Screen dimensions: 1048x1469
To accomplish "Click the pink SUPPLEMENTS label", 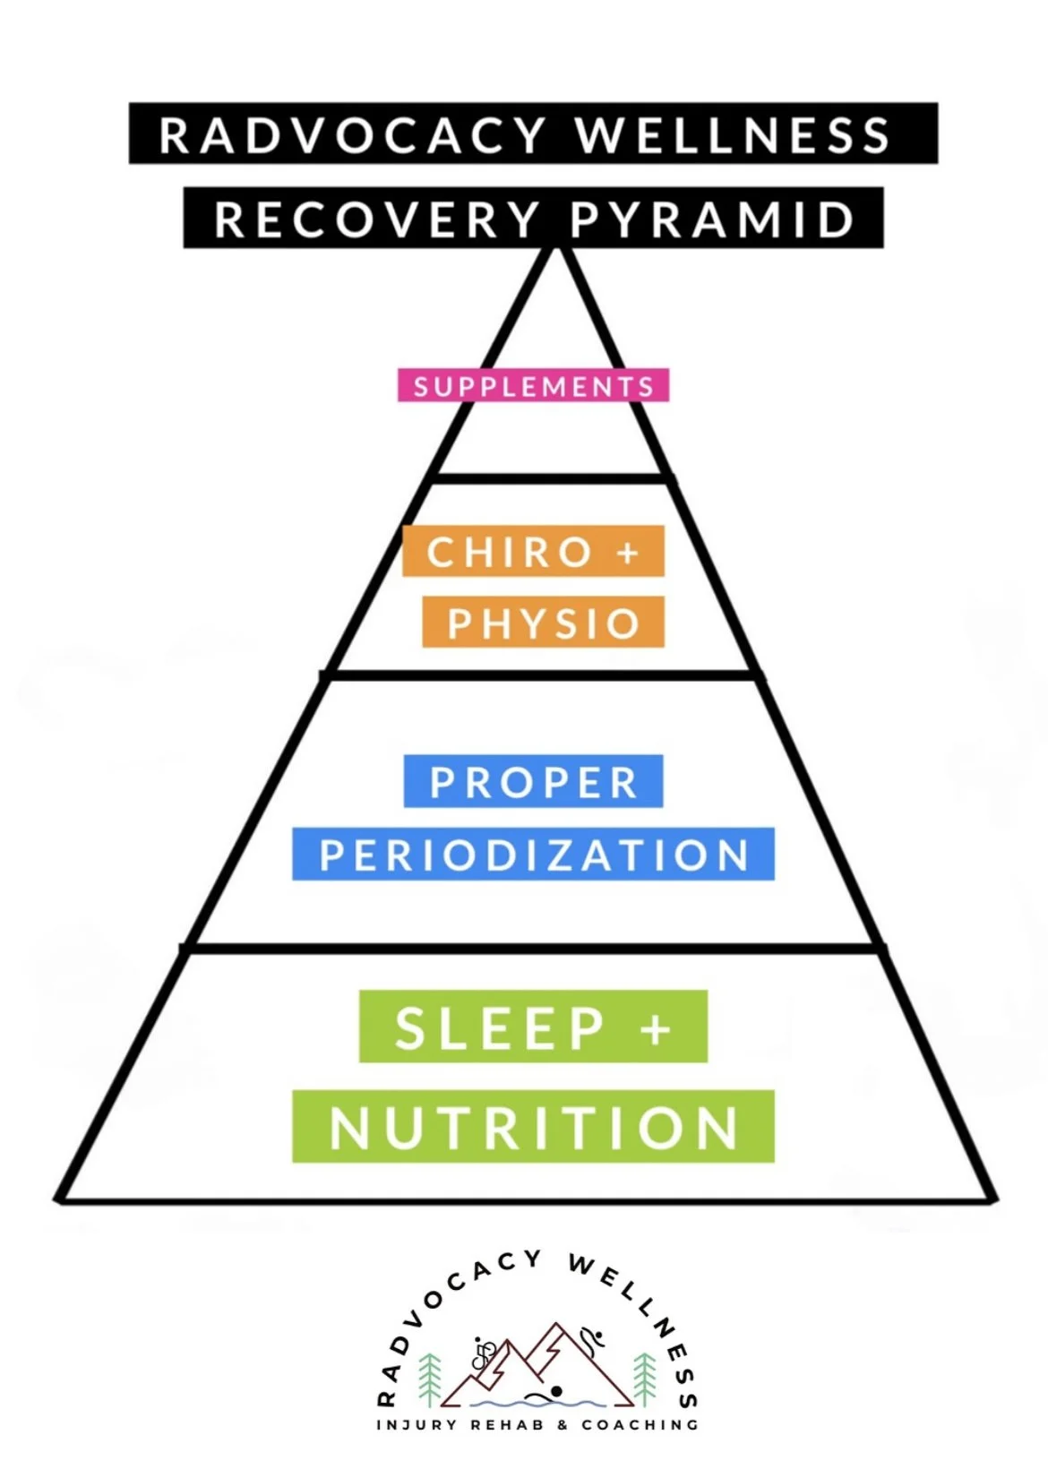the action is [x=534, y=386].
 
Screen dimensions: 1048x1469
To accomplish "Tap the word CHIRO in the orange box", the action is [x=509, y=552].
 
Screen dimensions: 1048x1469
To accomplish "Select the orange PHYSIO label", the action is [x=544, y=623].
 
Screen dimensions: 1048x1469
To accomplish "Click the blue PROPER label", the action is [x=534, y=782].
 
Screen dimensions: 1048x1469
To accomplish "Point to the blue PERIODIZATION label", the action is [x=534, y=855].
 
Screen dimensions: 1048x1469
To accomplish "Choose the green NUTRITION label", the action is [x=534, y=1127].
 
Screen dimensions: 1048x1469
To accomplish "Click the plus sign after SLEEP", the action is [x=656, y=1029].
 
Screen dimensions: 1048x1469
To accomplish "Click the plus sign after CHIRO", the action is [x=628, y=553].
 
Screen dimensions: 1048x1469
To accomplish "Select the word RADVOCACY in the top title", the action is [x=352, y=135].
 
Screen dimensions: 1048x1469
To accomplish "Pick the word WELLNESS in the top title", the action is [x=733, y=135].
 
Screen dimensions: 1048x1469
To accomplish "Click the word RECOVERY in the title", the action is [x=377, y=219].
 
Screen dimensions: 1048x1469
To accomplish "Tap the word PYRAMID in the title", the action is [x=712, y=219].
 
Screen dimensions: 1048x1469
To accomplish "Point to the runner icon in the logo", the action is [x=591, y=1340].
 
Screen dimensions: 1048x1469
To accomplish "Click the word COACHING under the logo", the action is [x=640, y=1424].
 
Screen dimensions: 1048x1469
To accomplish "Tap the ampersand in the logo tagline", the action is [x=563, y=1424].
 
